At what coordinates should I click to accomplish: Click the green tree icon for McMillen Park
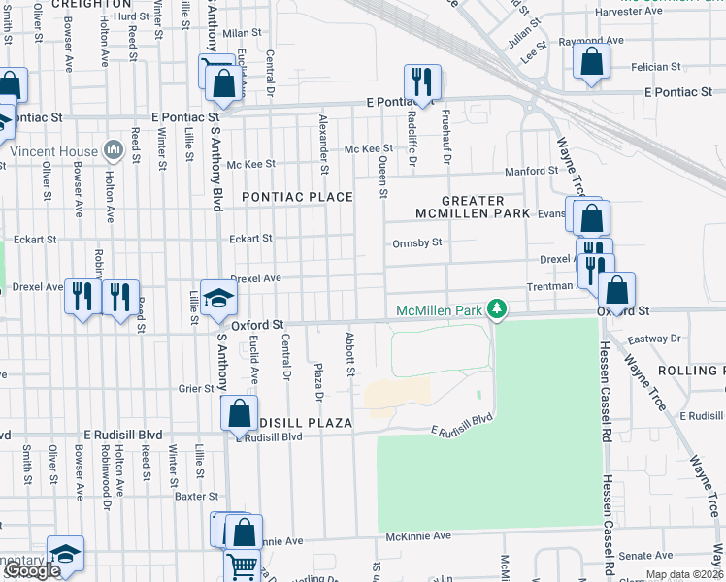(497, 309)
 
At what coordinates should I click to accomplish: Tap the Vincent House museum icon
(114, 150)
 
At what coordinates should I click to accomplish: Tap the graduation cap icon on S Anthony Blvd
(219, 297)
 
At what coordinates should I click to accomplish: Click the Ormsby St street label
(416, 243)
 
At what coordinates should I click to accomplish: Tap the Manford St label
(529, 173)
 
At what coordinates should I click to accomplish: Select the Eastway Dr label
(654, 339)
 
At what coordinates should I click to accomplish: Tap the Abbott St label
(348, 353)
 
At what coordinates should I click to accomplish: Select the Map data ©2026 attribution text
(683, 574)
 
